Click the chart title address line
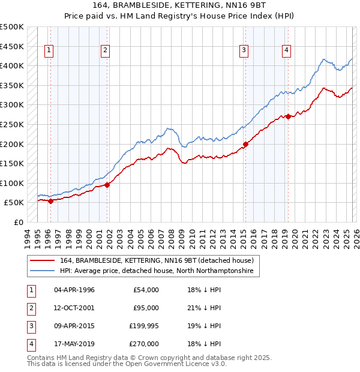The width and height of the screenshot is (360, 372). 180,6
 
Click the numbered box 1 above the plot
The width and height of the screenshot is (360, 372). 48,50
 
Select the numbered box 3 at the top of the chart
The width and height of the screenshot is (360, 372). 244,50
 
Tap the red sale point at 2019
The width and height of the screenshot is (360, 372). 288,116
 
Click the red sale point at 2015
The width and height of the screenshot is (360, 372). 246,144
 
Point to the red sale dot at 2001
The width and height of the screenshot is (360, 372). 107,185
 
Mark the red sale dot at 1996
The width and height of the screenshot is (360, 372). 50,201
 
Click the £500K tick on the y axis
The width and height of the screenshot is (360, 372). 12,27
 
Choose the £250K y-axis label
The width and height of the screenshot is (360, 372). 12,124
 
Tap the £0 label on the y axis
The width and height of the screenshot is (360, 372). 18,222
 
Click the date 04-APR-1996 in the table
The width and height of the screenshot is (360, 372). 74,290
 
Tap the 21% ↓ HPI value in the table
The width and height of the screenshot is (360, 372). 204,308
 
